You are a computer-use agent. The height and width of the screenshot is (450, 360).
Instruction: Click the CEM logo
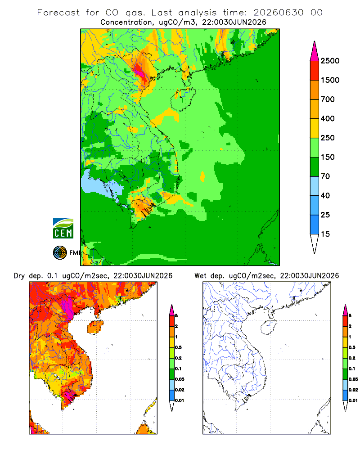63,229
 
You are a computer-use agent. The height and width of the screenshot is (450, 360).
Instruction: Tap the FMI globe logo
60,253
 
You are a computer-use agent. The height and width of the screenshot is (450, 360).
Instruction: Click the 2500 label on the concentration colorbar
330,61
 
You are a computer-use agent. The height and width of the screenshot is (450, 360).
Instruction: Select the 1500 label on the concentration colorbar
330,80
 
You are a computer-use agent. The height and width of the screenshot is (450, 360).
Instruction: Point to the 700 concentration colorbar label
328,99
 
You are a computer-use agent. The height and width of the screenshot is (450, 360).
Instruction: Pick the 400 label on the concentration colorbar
328,118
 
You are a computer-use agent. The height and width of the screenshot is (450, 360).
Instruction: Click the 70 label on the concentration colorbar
325,176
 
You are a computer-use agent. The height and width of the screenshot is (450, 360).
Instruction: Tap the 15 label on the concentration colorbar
325,234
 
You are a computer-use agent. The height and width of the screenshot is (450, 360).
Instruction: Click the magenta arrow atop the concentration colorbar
315,52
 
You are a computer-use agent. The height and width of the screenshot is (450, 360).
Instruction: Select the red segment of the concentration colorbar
315,71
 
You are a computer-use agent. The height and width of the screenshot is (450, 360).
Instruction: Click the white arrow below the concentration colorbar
315,243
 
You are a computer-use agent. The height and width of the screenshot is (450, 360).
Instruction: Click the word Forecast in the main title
58,13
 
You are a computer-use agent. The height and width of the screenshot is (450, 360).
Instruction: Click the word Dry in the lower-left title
19,276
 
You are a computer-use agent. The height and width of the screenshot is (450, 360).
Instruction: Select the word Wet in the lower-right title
200,276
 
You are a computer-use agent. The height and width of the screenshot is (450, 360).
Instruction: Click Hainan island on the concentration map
183,99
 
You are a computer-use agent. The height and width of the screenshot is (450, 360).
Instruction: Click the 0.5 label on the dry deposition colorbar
178,347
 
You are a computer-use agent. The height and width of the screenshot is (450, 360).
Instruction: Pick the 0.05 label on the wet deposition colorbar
353,379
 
